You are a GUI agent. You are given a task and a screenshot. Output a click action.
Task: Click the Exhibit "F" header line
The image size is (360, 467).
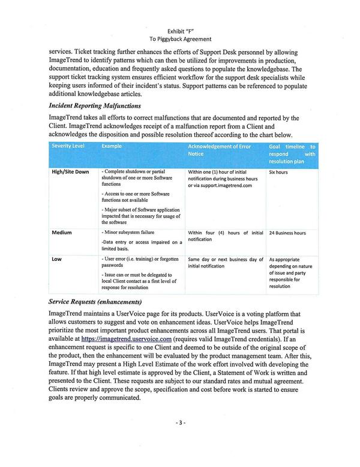click(x=181, y=31)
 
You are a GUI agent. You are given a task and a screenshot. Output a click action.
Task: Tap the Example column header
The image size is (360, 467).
click(x=112, y=146)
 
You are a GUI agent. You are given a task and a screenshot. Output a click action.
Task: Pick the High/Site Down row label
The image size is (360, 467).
click(x=70, y=172)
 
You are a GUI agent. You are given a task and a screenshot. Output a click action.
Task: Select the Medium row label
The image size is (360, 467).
click(x=63, y=233)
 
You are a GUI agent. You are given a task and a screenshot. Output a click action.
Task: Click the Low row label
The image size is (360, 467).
click(x=57, y=259)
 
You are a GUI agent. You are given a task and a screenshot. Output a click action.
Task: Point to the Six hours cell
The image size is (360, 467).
click(x=279, y=172)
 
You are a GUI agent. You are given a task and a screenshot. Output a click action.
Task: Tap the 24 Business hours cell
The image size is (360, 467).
click(x=287, y=233)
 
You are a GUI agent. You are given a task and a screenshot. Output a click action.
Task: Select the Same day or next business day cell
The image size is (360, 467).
click(x=226, y=262)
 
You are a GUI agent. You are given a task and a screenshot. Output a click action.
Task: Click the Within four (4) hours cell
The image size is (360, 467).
click(x=226, y=236)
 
